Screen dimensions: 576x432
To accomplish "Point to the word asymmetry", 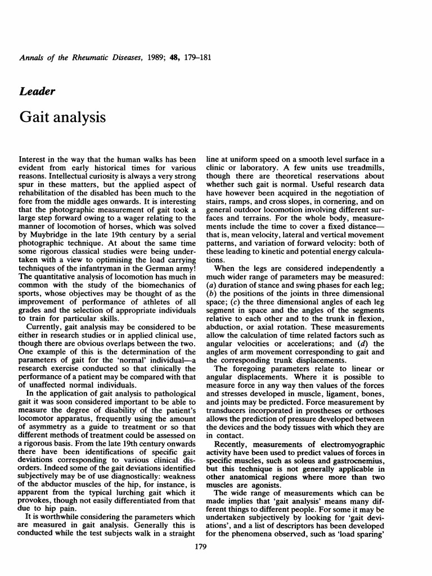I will [x=38, y=434].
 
